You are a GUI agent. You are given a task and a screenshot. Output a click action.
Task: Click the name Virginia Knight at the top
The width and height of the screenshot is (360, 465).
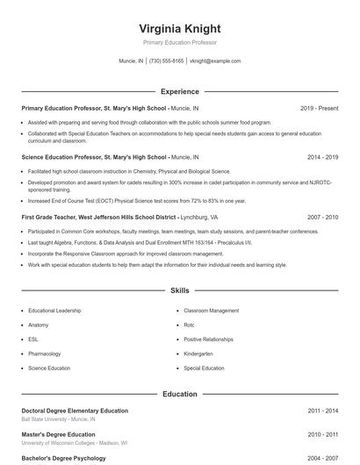(179, 28)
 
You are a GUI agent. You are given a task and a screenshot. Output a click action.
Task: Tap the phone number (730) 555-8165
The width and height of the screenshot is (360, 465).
(166, 61)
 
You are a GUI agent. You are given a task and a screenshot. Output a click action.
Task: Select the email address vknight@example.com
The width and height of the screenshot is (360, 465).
(215, 61)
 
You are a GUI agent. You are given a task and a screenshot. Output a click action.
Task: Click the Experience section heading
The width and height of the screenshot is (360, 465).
(179, 91)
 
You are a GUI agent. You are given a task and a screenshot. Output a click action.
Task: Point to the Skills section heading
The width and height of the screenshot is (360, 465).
(179, 290)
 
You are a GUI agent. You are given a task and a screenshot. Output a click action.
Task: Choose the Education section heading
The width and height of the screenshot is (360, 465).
(179, 394)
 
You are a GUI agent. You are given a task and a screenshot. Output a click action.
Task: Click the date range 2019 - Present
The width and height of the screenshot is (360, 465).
(319, 108)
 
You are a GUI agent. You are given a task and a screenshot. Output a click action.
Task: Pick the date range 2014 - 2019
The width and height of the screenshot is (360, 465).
(322, 157)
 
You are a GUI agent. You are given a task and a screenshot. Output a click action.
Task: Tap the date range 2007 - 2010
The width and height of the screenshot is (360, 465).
(322, 217)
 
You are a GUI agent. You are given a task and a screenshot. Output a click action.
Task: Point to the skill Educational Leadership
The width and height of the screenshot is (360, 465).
(54, 311)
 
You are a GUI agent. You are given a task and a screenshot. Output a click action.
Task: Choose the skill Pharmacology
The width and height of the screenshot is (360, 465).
(45, 354)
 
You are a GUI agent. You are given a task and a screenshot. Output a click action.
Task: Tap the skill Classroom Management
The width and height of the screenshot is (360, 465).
(211, 311)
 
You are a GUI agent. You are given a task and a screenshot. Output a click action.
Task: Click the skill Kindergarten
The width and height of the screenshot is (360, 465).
(198, 354)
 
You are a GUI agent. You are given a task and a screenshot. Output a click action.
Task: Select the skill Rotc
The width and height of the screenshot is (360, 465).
(189, 325)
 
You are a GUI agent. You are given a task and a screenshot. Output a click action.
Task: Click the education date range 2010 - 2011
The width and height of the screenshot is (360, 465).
(322, 434)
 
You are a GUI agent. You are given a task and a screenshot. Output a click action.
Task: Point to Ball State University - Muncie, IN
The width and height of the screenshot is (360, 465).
(58, 419)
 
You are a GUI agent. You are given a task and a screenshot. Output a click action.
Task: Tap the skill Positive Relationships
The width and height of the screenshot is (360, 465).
(208, 339)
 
